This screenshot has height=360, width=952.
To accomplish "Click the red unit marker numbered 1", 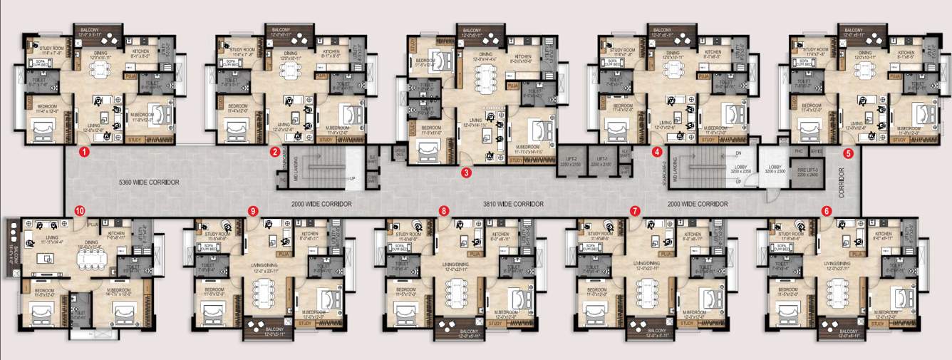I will click(x=84, y=152).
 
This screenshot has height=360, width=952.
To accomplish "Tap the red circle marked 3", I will click(x=465, y=172).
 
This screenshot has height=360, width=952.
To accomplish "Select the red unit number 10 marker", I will click(x=79, y=210).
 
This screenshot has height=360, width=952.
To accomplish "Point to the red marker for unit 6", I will click(x=826, y=211).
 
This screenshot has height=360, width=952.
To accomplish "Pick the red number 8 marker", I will click(x=445, y=211).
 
